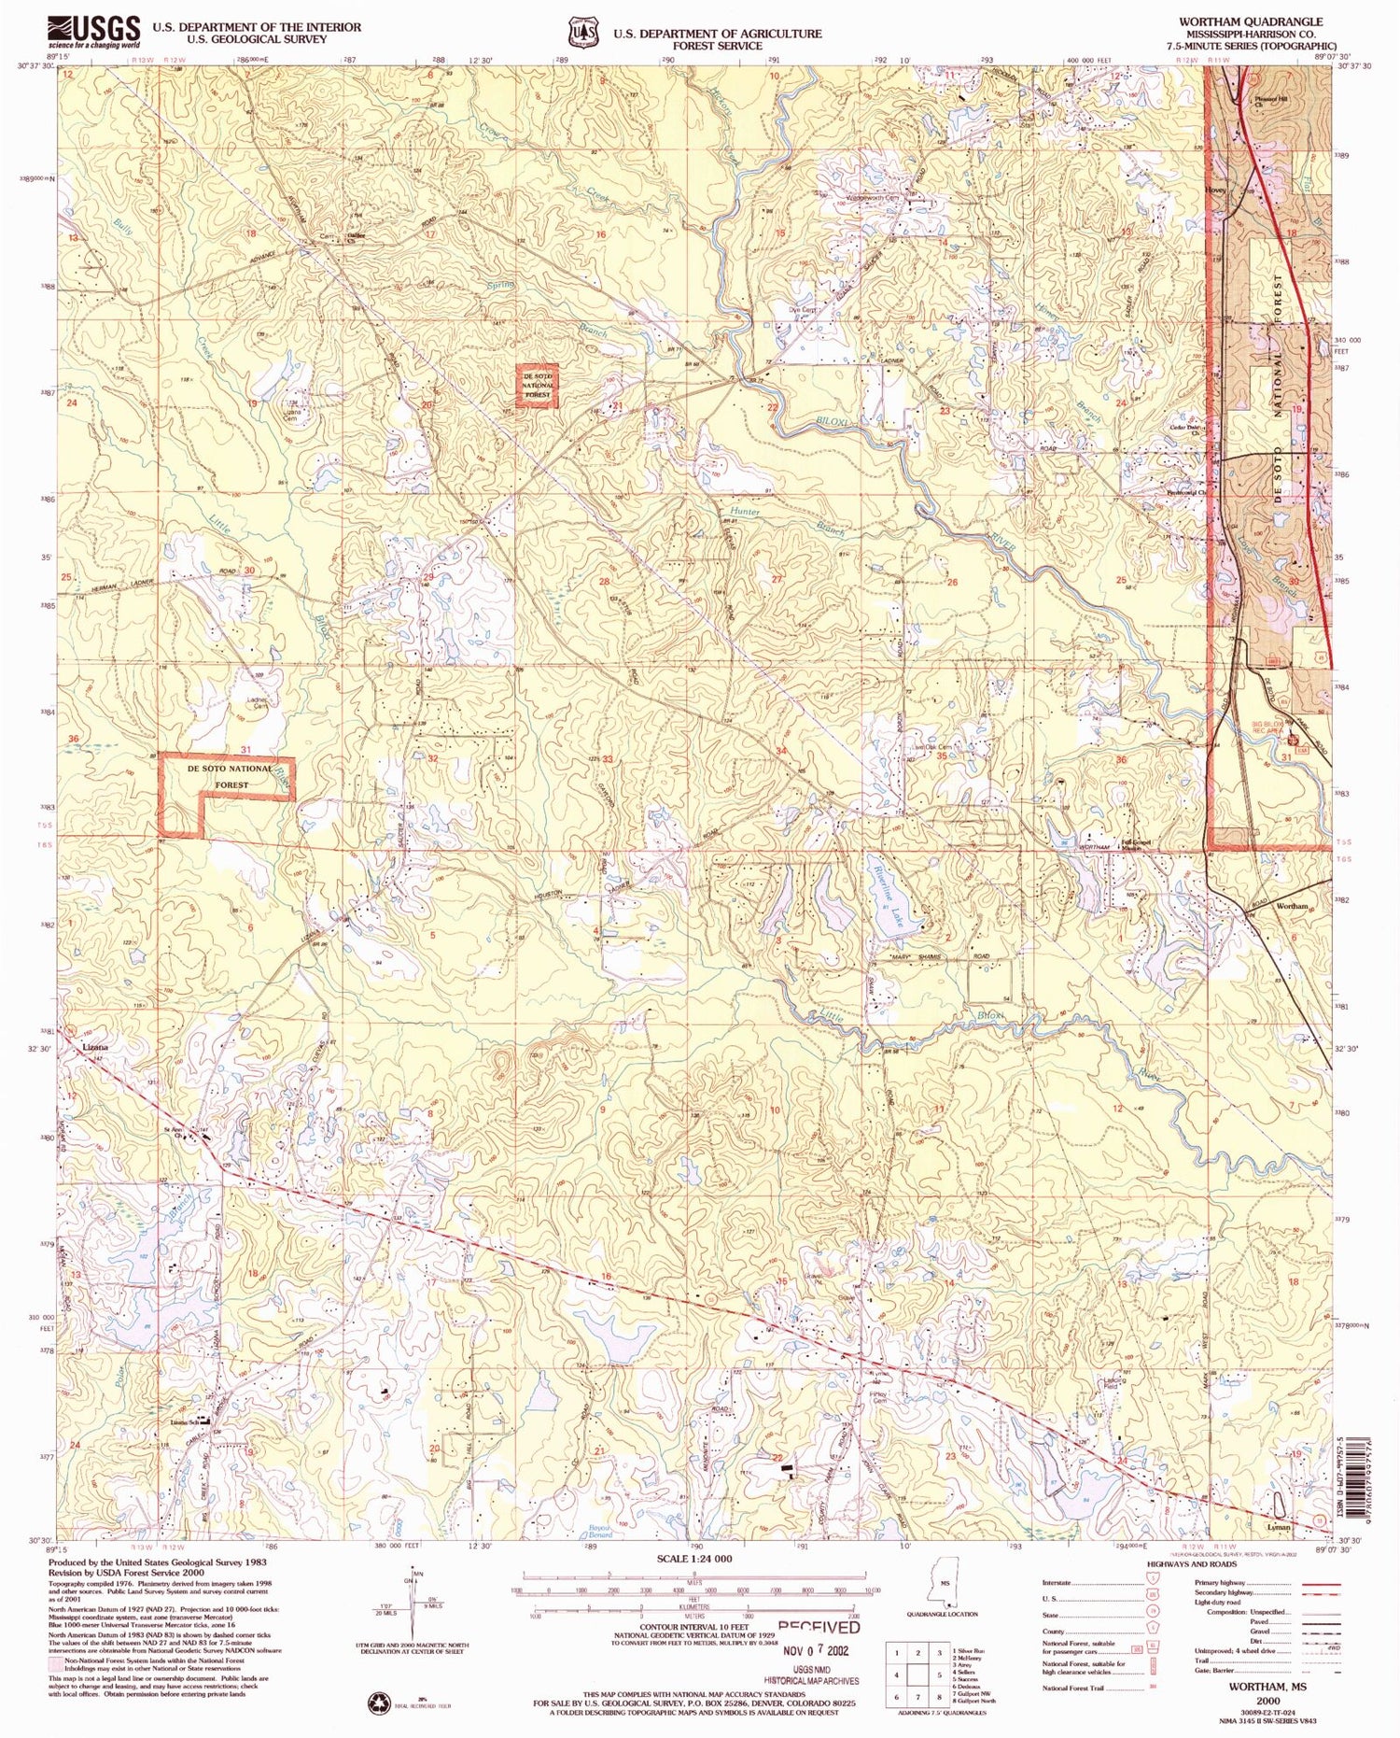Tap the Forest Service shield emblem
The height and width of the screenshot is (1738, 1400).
(x=583, y=33)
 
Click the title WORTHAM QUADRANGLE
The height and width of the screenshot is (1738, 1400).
(x=1250, y=21)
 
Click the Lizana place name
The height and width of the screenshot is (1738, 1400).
(x=95, y=1047)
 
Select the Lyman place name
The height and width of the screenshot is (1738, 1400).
(x=1278, y=1526)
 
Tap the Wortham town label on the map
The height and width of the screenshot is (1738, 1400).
(x=1292, y=906)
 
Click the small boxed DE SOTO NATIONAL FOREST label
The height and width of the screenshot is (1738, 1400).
(x=538, y=385)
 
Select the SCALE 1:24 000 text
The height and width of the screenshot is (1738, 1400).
(x=694, y=1559)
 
